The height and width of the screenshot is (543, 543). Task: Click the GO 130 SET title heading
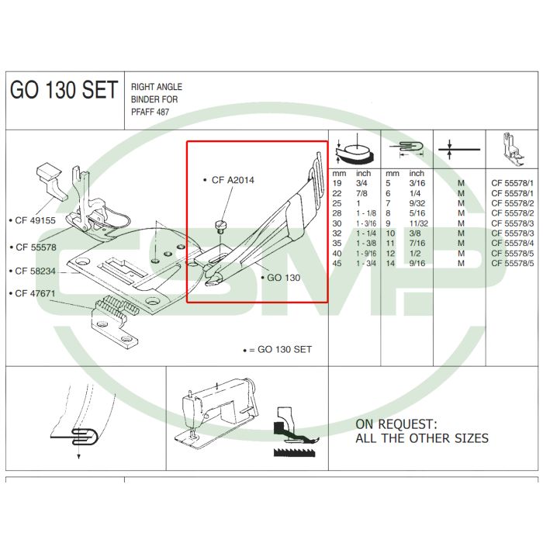64,90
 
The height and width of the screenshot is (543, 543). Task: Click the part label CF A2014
233,180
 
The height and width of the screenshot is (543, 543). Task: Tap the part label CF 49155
36,220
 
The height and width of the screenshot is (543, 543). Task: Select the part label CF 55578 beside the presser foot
36,247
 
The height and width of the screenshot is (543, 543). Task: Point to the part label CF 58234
36,271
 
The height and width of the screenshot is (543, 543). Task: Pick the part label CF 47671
36,293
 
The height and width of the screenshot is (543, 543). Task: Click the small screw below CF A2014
220,226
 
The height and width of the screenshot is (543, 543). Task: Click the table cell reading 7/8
361,193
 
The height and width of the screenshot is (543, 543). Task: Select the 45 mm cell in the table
337,264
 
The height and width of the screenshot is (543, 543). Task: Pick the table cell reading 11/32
418,223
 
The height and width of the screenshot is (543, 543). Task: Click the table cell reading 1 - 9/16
366,254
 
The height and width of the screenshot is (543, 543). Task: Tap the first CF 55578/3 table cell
513,223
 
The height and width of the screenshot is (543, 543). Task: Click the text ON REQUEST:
396,424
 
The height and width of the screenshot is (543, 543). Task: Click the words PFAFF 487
150,112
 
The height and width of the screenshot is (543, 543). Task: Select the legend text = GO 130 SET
280,350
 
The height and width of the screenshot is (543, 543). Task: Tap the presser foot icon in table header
513,150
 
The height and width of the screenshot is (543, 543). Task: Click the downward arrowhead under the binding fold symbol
79,457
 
